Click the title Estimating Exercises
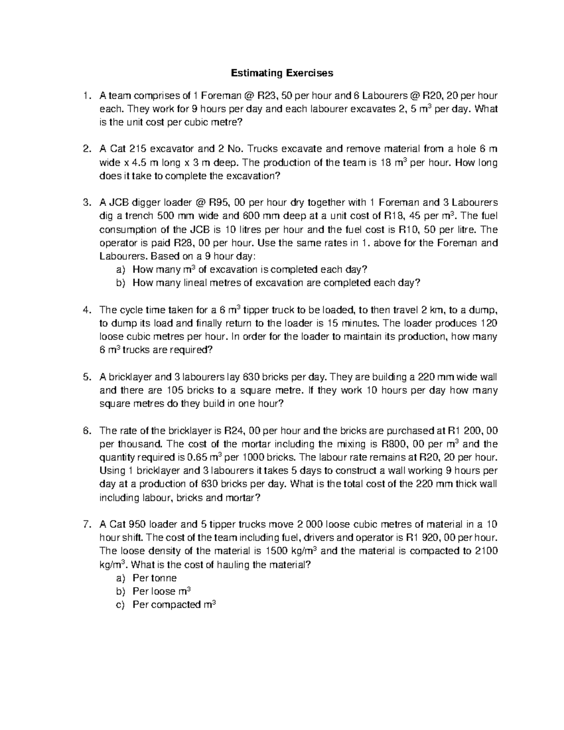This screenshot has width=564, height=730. pos(282,73)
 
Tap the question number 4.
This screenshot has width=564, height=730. pos(86,310)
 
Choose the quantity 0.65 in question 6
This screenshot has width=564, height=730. pos(196,457)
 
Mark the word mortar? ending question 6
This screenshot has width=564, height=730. pos(241,498)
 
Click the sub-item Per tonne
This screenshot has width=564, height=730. pos(155,578)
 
